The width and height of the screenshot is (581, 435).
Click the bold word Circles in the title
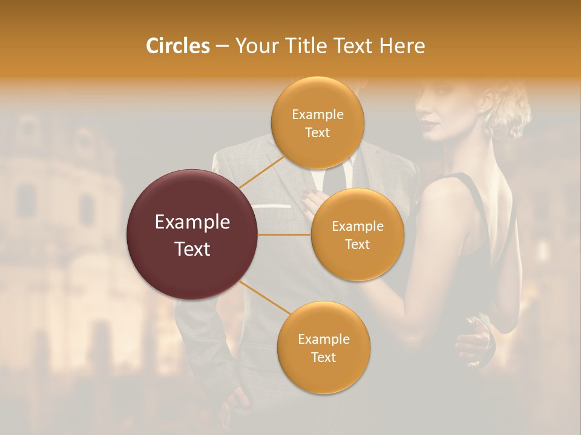point(177,46)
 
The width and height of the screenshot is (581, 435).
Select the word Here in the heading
point(402,46)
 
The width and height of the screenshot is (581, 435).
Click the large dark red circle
point(192,234)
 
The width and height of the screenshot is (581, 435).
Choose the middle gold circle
point(357,234)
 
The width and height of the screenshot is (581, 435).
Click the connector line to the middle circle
point(284,234)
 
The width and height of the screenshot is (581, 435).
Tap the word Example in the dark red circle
point(192,222)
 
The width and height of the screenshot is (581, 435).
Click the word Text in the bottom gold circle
point(323,357)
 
